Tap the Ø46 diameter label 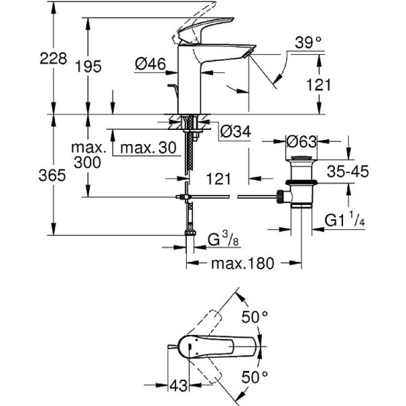(x=150, y=64)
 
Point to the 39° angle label (x=309, y=43)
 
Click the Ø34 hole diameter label (x=235, y=132)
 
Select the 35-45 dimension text (x=346, y=172)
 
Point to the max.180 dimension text (x=243, y=263)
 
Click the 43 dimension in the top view (x=179, y=386)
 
